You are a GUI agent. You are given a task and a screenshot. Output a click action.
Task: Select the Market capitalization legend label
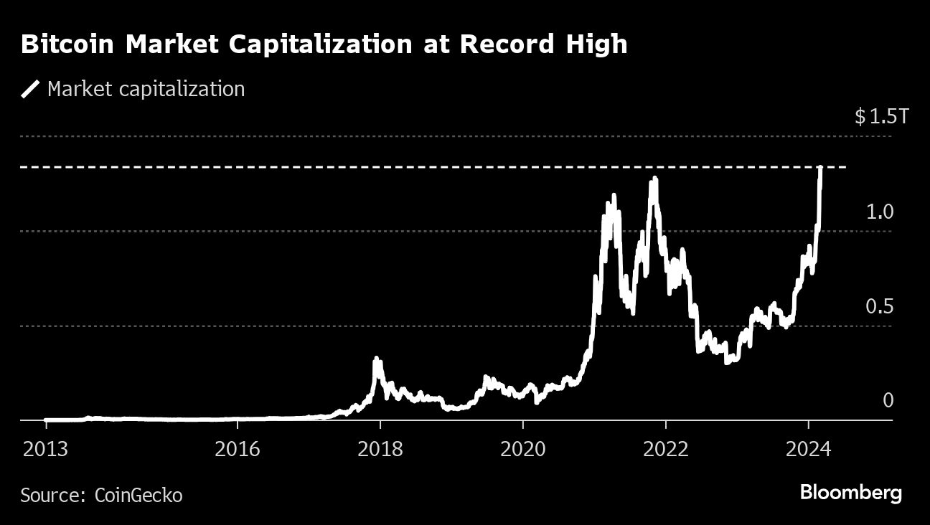pos(146,89)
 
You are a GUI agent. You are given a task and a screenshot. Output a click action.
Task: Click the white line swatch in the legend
pos(30,89)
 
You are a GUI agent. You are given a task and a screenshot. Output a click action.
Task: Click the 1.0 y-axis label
pos(880,212)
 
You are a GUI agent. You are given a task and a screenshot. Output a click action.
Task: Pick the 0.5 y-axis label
pos(880,307)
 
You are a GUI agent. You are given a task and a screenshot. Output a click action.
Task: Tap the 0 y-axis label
pos(888,400)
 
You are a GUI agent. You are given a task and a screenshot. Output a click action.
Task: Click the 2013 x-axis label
pos(45,449)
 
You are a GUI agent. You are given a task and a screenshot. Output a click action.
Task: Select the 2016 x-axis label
pos(237,449)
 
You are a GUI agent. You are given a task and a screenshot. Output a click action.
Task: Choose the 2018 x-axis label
pos(380,449)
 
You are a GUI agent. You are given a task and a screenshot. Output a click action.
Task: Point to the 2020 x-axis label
pos(523,449)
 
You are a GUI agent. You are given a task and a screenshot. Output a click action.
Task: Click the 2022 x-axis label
pos(666,449)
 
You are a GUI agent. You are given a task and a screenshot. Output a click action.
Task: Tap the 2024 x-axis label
pos(809,449)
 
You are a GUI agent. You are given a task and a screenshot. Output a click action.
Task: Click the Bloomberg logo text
pos(850,493)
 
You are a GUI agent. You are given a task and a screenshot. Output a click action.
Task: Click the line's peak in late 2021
pos(653,179)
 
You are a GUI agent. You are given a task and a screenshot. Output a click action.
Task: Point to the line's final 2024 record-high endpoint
pos(820,168)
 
